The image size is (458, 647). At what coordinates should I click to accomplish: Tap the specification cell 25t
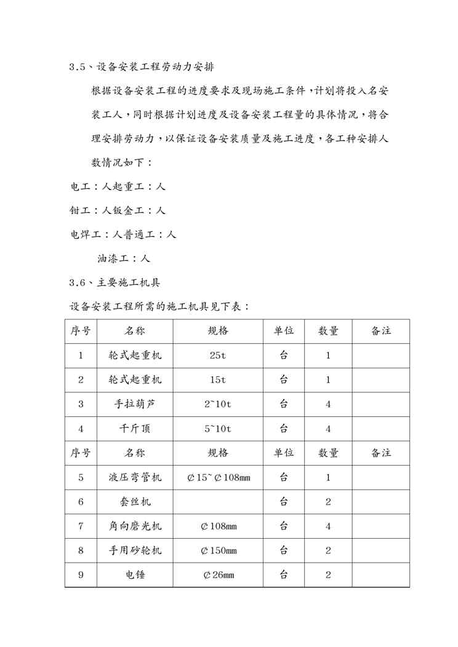218,355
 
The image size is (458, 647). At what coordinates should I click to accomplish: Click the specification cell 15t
218,380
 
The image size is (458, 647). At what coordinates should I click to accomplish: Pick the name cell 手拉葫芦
135,404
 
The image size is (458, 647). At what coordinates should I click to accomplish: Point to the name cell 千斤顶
135,429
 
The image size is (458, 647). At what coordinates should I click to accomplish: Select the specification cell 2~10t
218,404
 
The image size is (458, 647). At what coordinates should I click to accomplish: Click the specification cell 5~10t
218,429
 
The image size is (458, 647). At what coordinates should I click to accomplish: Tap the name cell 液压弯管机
135,477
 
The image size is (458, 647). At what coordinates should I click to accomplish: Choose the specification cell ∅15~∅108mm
218,477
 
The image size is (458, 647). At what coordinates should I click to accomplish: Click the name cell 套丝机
135,502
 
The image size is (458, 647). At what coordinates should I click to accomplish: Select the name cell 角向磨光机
135,526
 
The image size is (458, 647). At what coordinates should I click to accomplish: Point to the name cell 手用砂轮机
135,551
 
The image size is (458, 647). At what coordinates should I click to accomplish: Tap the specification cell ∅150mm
218,551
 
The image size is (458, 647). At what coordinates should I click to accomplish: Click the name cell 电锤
135,575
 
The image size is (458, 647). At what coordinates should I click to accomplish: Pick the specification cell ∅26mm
218,575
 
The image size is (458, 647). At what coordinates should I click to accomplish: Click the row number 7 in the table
81,526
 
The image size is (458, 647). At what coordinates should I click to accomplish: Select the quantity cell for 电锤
328,575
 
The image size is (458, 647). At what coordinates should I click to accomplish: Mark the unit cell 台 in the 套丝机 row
283,502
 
